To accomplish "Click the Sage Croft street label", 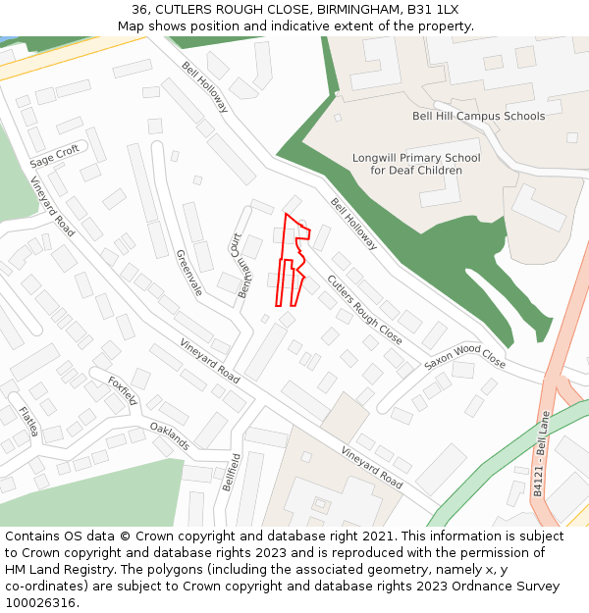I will click(54, 155).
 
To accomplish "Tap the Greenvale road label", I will click(188, 273).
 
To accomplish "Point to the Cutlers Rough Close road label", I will click(364, 309).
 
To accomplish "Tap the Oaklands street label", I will click(170, 436).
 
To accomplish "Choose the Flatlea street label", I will click(27, 421).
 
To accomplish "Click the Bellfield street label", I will click(233, 472).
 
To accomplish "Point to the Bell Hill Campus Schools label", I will click(478, 116).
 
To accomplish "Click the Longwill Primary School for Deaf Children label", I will click(416, 164).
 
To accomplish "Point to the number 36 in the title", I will click(139, 10).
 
